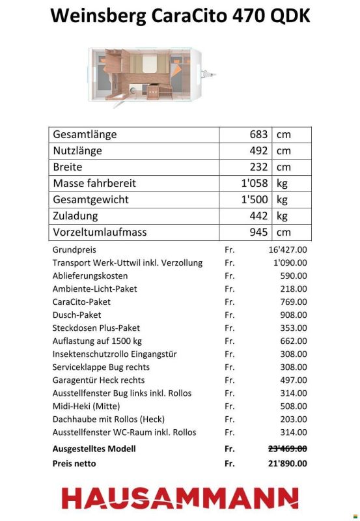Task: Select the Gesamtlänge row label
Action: tap(85, 135)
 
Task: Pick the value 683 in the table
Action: tap(258, 135)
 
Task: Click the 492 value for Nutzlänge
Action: tap(258, 151)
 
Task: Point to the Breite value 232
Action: tap(258, 167)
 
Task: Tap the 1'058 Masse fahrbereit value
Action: tap(254, 184)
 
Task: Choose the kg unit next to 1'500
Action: tap(282, 200)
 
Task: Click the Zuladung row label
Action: tap(76, 216)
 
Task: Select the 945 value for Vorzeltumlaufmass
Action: tap(258, 232)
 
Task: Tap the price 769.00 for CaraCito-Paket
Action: tap(294, 302)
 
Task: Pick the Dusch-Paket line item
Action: tap(77, 315)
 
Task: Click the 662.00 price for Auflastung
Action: tap(294, 341)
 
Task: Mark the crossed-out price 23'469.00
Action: tap(287, 449)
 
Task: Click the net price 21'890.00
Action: tap(287, 464)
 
